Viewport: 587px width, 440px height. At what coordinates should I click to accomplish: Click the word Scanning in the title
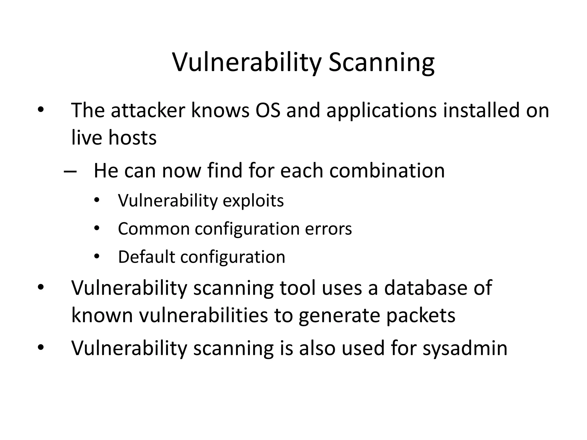pyautogui.click(x=381, y=63)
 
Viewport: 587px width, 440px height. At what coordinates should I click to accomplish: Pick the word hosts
pyautogui.click(x=132, y=138)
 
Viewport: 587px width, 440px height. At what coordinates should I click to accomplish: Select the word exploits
pyautogui.click(x=253, y=201)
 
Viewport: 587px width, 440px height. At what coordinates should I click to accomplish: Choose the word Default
pyautogui.click(x=146, y=257)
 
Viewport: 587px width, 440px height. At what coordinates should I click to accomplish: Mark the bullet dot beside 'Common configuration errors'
pyautogui.click(x=97, y=229)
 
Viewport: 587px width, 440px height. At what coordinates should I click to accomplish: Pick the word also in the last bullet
pyautogui.click(x=317, y=348)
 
